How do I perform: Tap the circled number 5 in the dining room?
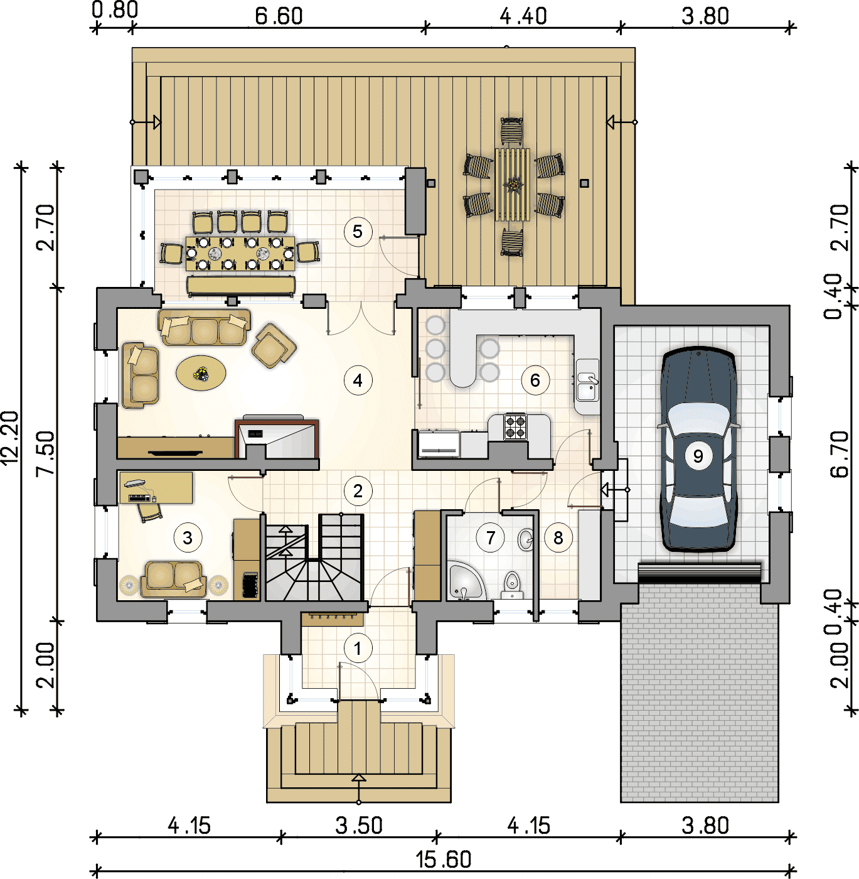coord(358,232)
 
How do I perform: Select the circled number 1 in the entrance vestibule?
coord(358,648)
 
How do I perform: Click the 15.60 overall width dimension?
coord(443,860)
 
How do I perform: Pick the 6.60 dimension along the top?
coord(279,16)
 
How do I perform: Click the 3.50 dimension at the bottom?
coord(359,825)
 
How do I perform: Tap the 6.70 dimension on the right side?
coord(840,454)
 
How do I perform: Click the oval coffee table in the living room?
coord(201,373)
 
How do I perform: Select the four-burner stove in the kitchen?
coord(515,426)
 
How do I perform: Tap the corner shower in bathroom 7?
coord(465,581)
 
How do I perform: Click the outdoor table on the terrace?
coord(513,185)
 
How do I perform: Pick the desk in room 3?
coord(156,488)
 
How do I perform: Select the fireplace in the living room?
coord(277,439)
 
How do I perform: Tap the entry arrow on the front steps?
coord(358,788)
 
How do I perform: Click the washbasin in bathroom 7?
coord(525,540)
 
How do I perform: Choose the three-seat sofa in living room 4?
coord(204,327)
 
